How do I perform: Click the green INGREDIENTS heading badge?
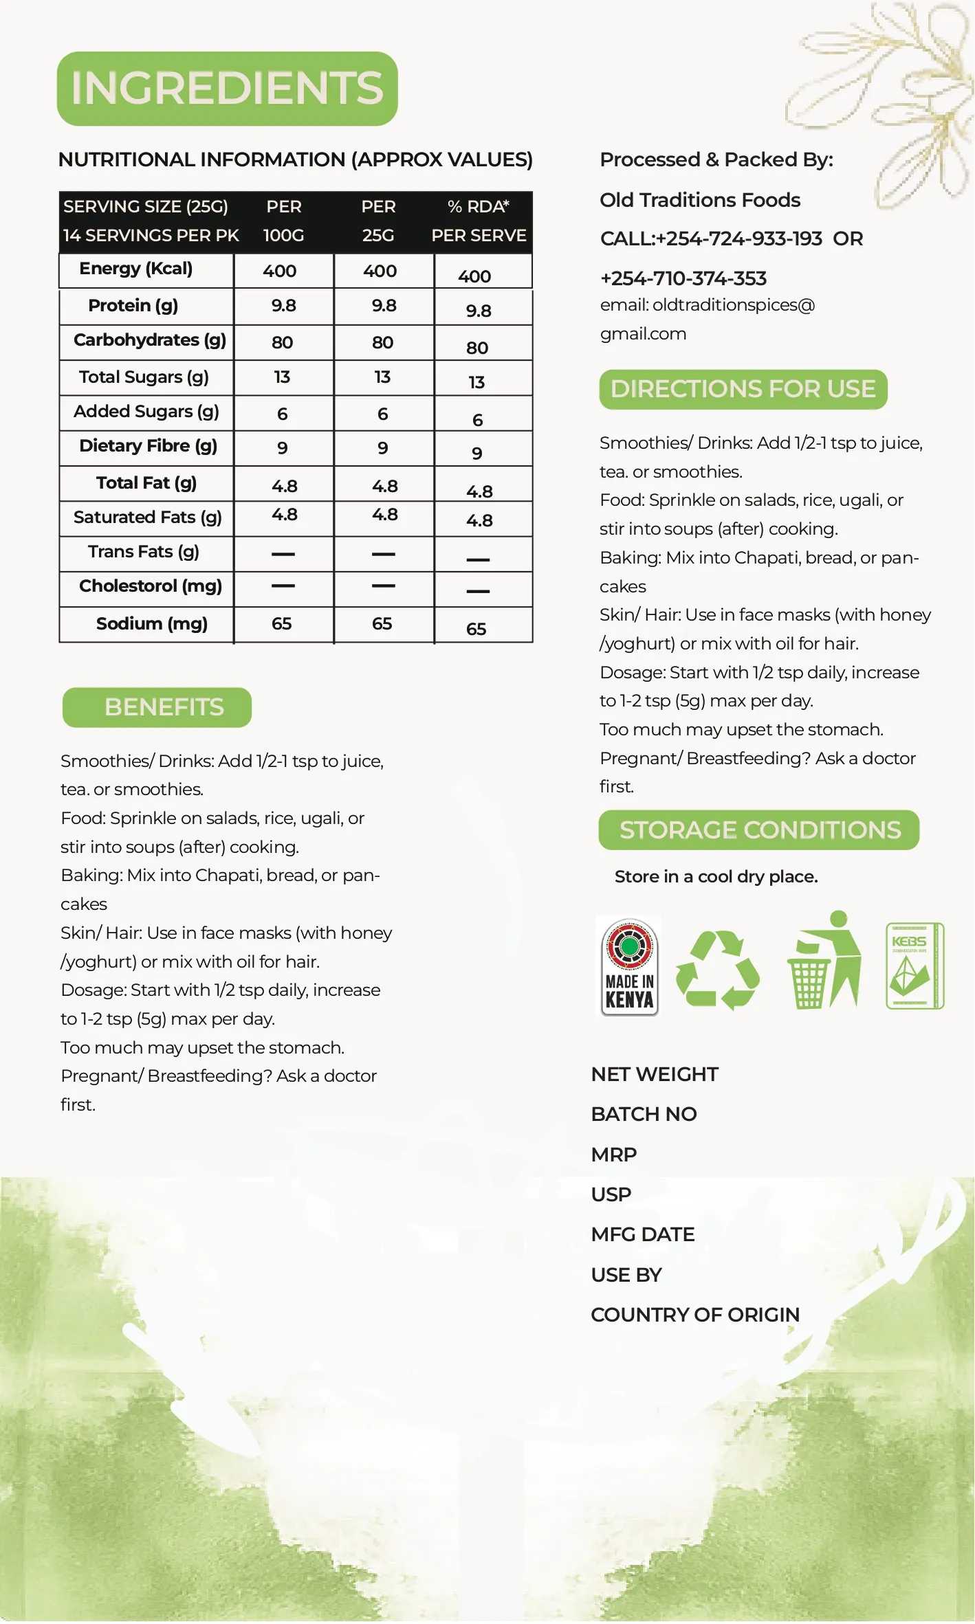tap(227, 89)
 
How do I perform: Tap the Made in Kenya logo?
tap(629, 966)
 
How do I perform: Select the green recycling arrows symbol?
tap(717, 970)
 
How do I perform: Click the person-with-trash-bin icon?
tap(824, 960)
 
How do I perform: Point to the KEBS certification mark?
tap(914, 966)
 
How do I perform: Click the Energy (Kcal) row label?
tap(135, 269)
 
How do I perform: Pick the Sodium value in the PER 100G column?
tap(282, 623)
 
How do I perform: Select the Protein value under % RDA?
tap(479, 311)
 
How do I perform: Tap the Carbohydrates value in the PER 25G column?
tap(383, 342)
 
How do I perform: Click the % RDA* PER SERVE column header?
tap(479, 221)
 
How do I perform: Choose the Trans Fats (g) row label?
tap(143, 552)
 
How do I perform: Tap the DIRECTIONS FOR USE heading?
tap(743, 389)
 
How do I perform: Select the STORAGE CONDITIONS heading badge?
tap(759, 830)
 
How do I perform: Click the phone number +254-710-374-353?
tap(683, 278)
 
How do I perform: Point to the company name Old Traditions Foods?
tap(700, 200)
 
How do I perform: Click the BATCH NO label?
tap(644, 1114)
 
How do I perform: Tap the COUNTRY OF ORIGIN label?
tap(694, 1315)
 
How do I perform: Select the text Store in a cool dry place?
tap(716, 877)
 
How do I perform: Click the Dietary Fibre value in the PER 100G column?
tap(283, 448)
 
